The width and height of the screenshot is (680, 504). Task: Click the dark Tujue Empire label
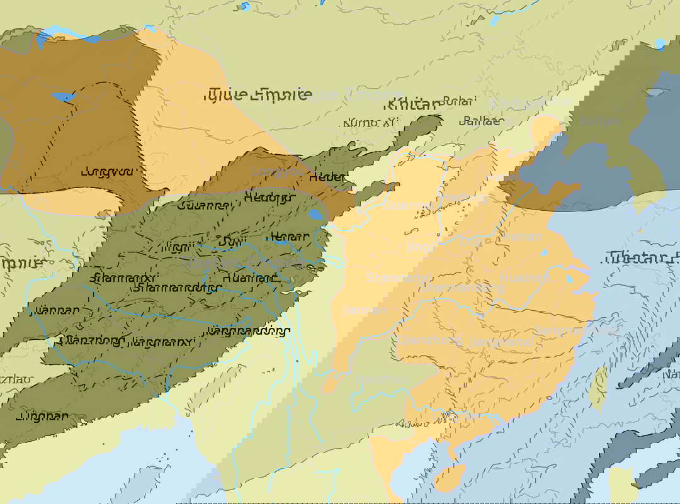(x=258, y=94)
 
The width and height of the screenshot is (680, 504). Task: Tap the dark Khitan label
(x=412, y=104)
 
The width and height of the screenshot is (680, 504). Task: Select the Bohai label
(x=458, y=101)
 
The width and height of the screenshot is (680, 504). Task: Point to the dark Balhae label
(x=482, y=121)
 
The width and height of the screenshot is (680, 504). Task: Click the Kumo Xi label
(x=370, y=122)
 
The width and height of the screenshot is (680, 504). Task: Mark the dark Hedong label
(x=269, y=198)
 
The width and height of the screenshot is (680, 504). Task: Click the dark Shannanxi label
(x=123, y=277)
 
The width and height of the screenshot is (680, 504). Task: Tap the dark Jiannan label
(x=58, y=310)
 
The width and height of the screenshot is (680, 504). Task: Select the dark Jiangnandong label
(x=249, y=330)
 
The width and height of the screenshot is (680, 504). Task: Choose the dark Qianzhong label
(x=91, y=340)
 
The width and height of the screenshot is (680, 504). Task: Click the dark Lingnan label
(x=42, y=416)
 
